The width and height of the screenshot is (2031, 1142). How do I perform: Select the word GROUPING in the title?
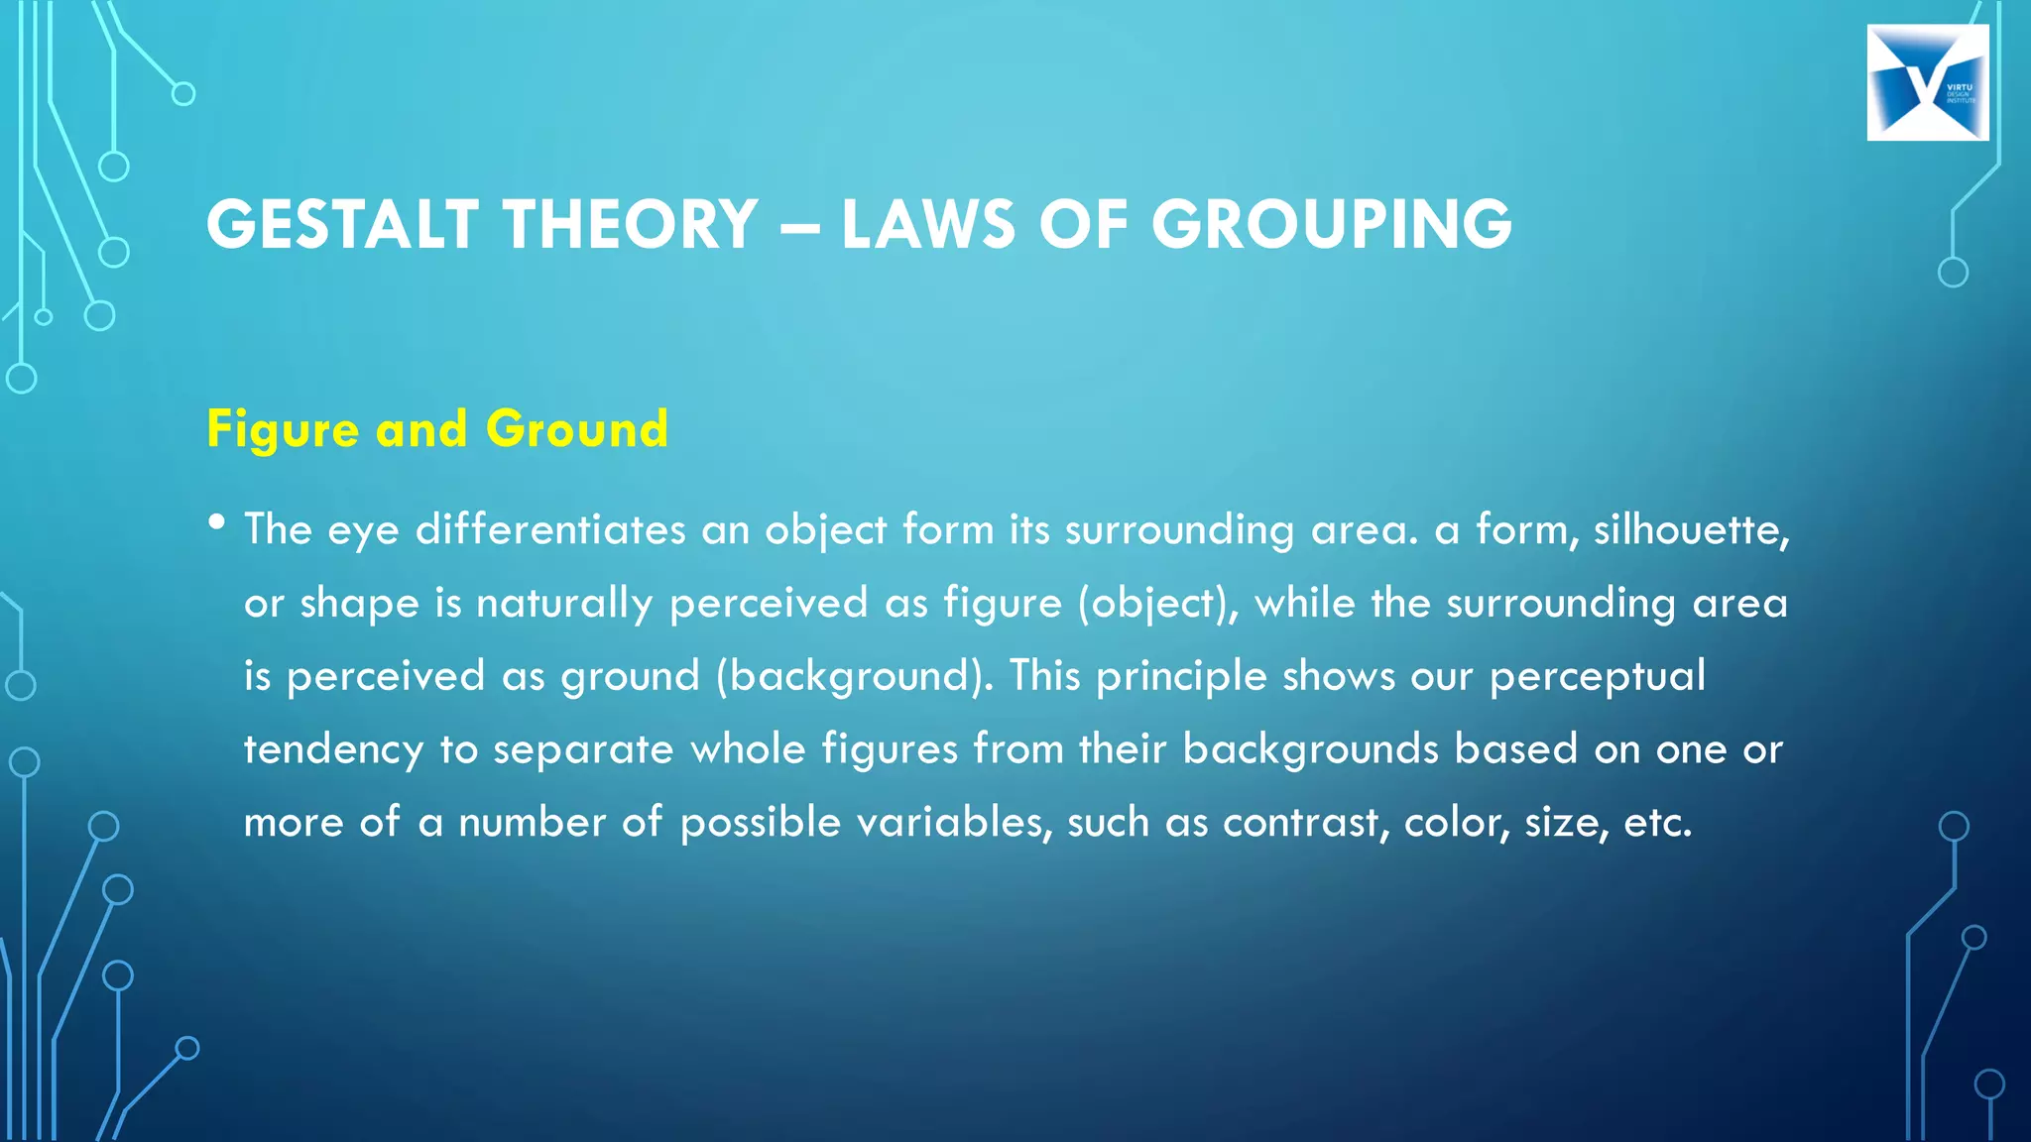[1331, 224]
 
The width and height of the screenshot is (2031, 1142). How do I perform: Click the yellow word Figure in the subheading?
[283, 430]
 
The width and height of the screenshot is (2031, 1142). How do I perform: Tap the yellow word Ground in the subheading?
[577, 428]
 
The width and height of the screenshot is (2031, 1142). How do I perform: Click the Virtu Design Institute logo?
[1927, 83]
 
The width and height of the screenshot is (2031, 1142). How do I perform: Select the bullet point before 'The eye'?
[217, 522]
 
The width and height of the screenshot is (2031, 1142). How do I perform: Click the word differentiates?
[550, 529]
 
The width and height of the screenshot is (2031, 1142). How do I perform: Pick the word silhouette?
[1691, 529]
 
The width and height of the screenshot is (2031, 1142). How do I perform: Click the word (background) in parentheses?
[854, 676]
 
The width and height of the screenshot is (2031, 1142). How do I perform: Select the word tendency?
[334, 750]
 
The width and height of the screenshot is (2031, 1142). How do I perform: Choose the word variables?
[954, 823]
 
